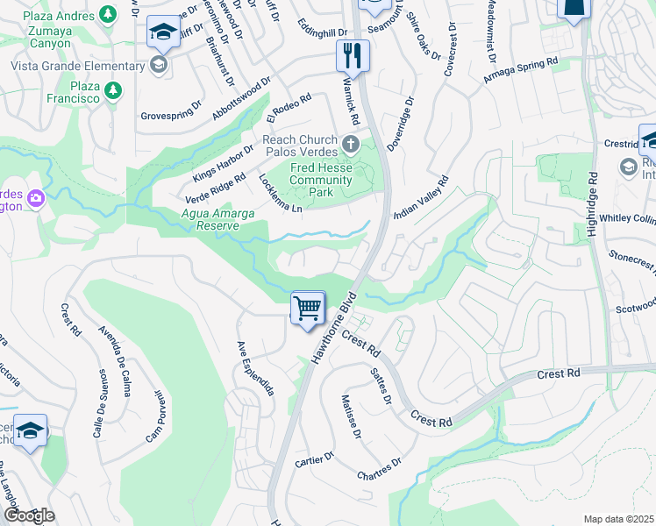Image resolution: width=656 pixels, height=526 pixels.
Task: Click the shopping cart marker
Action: pos(309,309)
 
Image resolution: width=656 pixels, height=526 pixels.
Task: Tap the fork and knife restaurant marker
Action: pos(353,57)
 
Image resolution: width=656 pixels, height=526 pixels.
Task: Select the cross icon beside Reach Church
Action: pos(351,143)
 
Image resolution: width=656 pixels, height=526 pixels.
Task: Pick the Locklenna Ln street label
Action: pos(281,193)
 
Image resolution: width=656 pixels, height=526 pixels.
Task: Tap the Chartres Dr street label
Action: pos(379,469)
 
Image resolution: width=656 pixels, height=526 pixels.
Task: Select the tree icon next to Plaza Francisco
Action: pos(112,89)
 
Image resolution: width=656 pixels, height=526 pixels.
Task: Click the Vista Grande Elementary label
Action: pos(78,66)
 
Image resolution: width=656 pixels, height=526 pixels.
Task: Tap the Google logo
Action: pos(29,515)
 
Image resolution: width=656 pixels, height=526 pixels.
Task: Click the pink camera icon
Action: pos(36,198)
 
